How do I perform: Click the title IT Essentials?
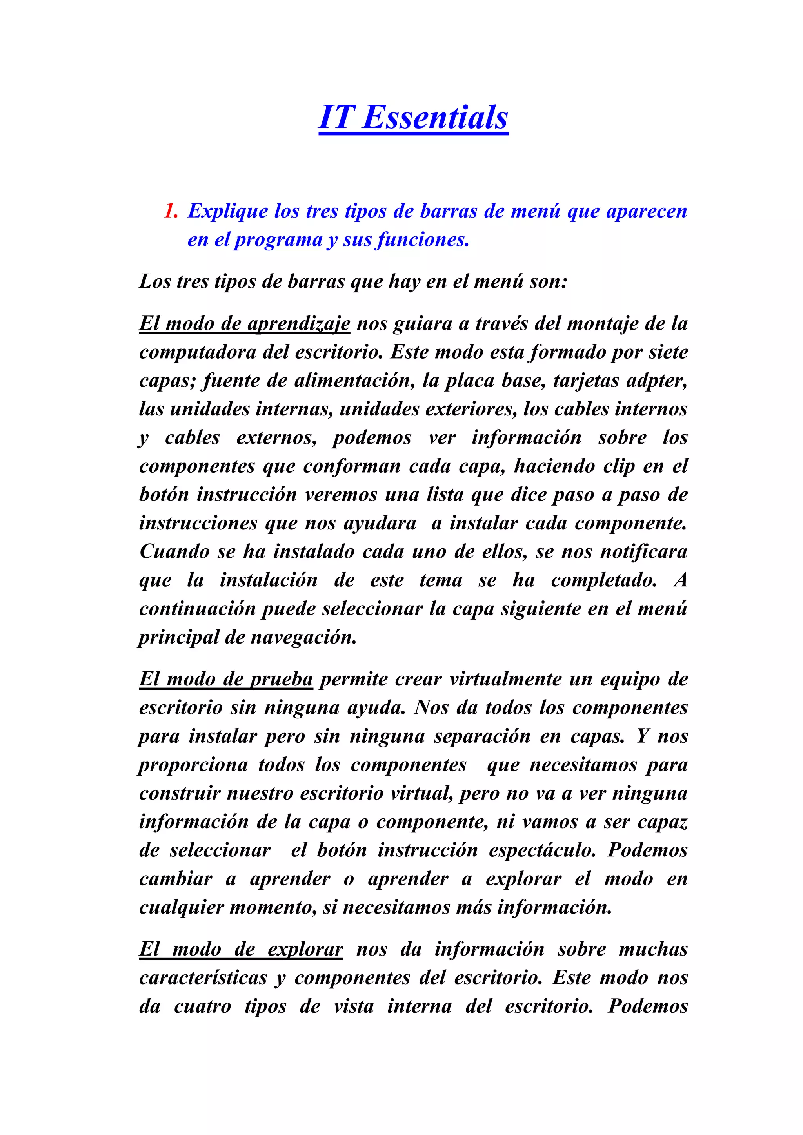pos(413,118)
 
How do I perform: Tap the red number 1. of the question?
pos(171,211)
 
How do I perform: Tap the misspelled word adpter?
pos(657,381)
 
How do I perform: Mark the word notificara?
pos(643,552)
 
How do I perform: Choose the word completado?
pos(604,580)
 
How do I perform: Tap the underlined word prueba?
pos(282,679)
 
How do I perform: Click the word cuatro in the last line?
pos(202,1006)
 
